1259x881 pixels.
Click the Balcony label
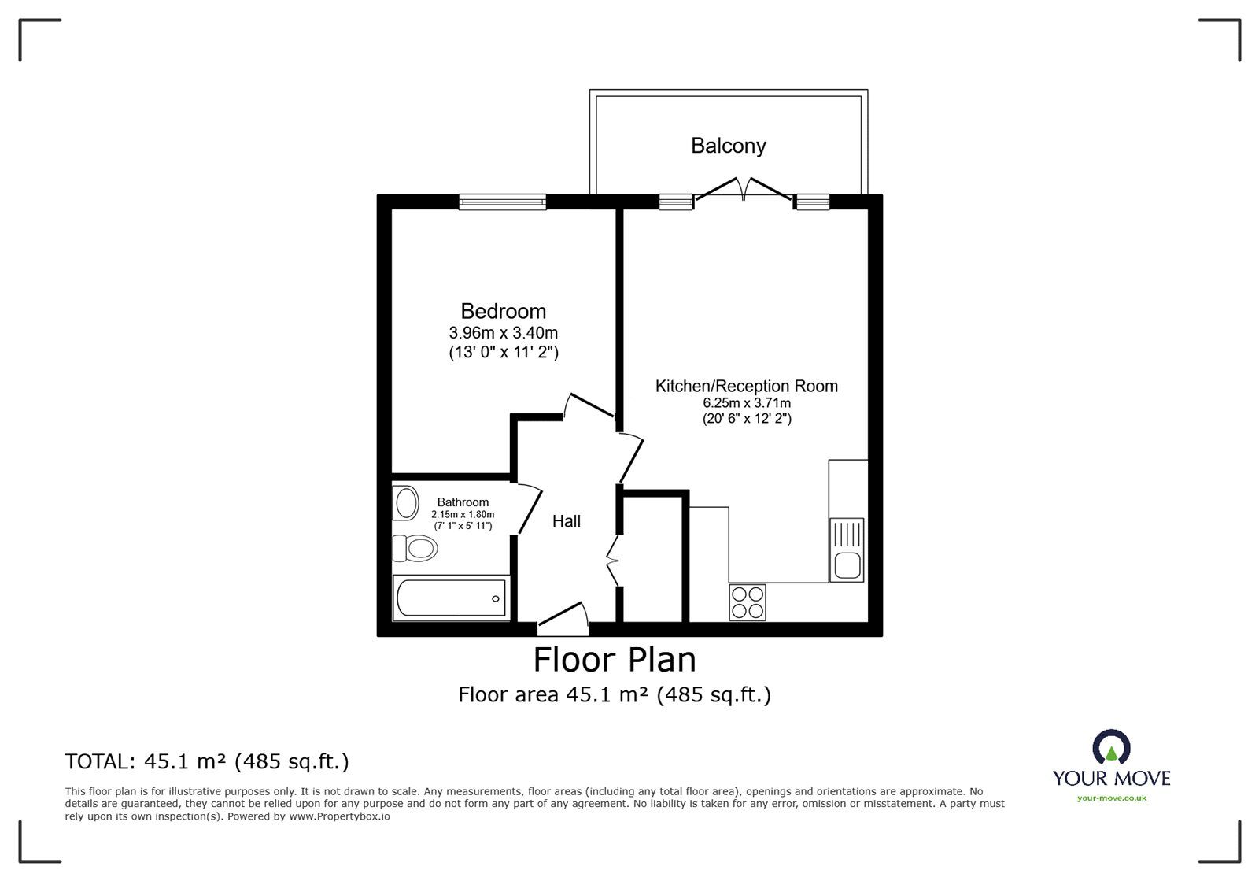pos(728,146)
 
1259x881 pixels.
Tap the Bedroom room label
pos(503,311)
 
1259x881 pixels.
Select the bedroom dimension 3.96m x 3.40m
pos(503,332)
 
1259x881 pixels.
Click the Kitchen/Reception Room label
pos(746,386)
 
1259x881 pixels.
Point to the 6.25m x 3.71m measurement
pos(746,403)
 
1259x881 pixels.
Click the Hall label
pos(566,521)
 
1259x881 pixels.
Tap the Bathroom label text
pos(463,502)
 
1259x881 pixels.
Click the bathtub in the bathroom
pos(451,598)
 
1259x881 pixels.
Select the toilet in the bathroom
pos(415,548)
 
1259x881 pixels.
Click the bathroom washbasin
pos(406,503)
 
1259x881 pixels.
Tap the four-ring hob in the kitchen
pos(747,602)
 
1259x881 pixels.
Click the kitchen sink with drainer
pos(847,550)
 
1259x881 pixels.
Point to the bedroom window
pos(502,202)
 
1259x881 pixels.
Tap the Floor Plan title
pos(615,660)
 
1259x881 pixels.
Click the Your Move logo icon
pos(1111,748)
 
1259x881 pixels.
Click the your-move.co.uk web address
pos(1111,798)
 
